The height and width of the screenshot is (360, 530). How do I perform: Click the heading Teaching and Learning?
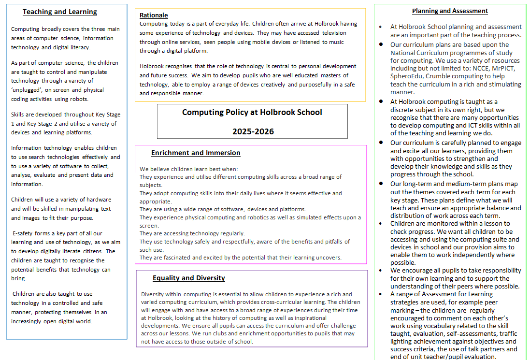click(60, 12)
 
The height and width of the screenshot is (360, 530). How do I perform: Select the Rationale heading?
click(154, 15)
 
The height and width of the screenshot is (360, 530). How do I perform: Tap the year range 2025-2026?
click(253, 131)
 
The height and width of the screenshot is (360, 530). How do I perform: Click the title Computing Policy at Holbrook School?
click(252, 112)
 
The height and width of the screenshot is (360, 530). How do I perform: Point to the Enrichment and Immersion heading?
click(196, 153)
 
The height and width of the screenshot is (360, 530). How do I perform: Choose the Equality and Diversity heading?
click(188, 278)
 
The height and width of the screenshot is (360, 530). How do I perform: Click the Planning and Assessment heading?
click(450, 11)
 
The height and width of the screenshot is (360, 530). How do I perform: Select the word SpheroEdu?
click(407, 76)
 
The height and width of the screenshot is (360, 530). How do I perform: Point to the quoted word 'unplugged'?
click(27, 90)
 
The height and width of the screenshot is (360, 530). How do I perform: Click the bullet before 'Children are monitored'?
click(381, 223)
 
